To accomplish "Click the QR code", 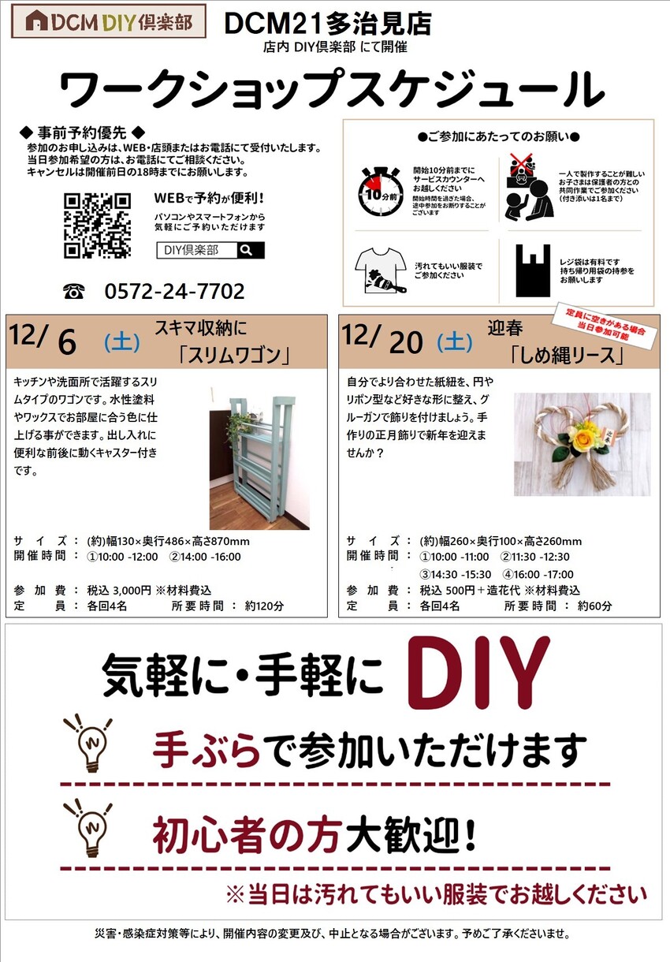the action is (98, 226).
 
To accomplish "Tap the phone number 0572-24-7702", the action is (174, 291).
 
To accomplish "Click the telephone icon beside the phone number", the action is (74, 291).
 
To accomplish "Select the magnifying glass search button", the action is (251, 250).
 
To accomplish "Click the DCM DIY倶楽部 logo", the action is (109, 21).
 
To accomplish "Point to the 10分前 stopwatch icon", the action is (380, 191).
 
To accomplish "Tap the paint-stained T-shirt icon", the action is (381, 270).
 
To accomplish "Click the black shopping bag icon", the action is (533, 270).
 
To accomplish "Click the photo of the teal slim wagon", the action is (259, 458).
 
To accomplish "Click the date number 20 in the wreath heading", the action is (406, 342).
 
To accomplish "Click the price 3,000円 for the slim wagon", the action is (132, 591).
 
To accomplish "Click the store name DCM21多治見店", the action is (328, 24).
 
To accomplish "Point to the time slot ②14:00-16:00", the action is (205, 557).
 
